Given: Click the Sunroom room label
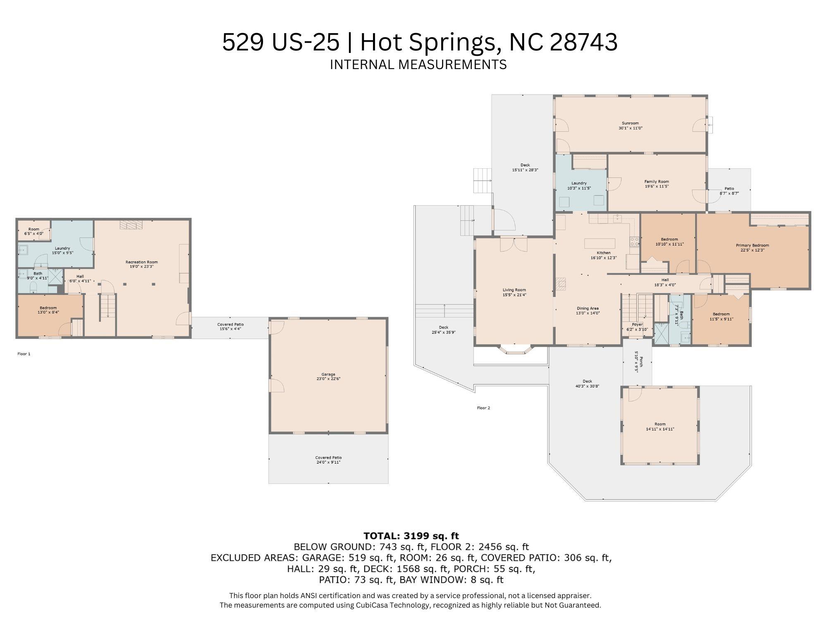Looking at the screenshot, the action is coord(630,123).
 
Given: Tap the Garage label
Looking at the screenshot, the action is coord(328,374).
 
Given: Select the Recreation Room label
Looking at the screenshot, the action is coord(142,262).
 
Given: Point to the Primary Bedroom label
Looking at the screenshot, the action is coord(753,245).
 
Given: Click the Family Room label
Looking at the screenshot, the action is coord(657,182).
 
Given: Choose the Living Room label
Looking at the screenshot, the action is coord(514,290).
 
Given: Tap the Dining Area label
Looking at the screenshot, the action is coord(588,308).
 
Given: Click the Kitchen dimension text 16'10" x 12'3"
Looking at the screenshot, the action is coord(604,258).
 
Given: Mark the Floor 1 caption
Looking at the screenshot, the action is coord(24,354).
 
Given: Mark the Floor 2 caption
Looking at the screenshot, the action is coord(483,408).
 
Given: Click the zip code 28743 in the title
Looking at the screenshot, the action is coord(583,42).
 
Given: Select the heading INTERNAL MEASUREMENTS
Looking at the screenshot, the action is coord(418,65).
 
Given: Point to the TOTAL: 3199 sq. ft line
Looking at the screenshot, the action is coord(411,536).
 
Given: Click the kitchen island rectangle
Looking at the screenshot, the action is coord(600,243).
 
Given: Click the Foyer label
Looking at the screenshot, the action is coord(637,325).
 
